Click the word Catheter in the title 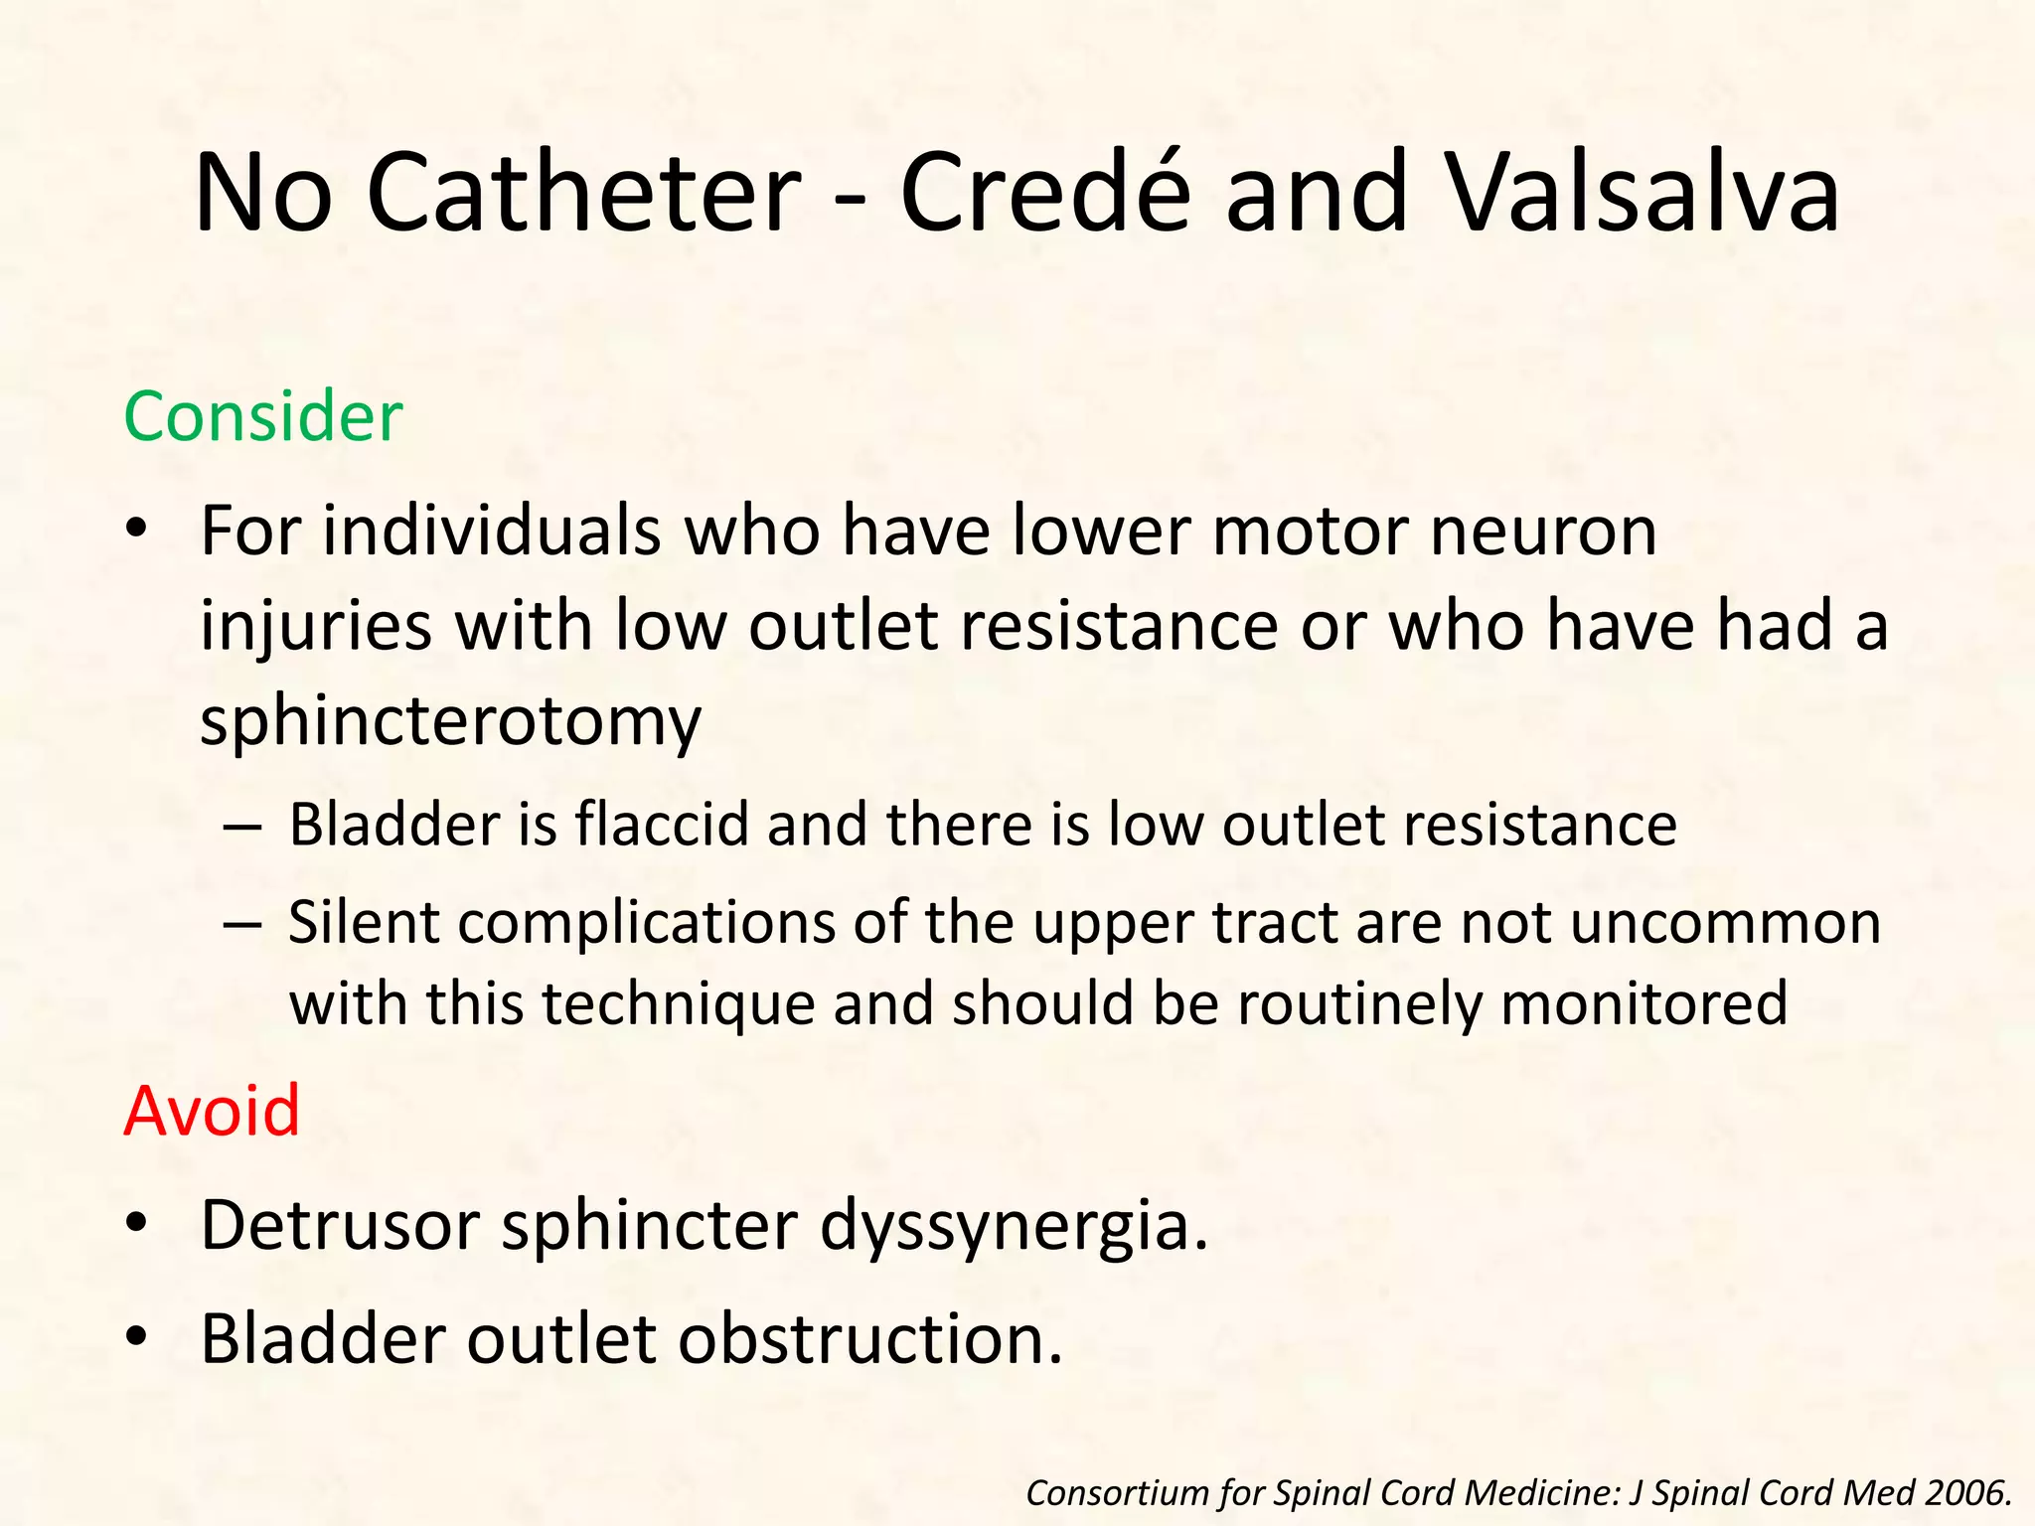[583, 194]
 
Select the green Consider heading [263, 417]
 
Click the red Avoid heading [212, 1111]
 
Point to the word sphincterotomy [450, 720]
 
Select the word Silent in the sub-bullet [364, 922]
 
